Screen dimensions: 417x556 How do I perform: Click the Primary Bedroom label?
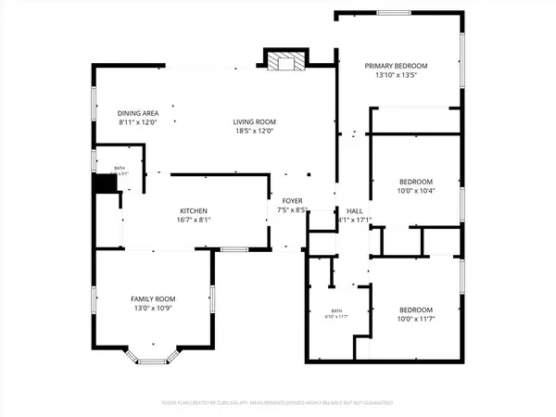tap(396, 66)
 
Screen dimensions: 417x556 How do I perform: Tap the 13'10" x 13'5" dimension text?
tap(396, 76)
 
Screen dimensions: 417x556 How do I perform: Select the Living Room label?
tap(254, 121)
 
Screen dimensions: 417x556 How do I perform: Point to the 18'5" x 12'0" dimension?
tap(254, 132)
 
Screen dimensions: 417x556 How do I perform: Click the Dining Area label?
tap(138, 113)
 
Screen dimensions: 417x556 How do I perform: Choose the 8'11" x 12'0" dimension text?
tap(138, 122)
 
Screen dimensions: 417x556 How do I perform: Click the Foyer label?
tap(292, 200)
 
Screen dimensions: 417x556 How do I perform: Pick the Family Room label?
tap(153, 298)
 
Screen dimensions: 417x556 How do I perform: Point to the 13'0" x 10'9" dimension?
tap(153, 309)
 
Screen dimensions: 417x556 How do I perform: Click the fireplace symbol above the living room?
tap(284, 62)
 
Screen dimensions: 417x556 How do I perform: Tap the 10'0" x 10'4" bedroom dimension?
tap(416, 191)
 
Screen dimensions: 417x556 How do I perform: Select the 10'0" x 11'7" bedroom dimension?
tap(416, 320)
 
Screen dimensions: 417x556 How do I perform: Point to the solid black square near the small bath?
tap(107, 183)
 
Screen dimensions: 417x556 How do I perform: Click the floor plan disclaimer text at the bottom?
tap(277, 403)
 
